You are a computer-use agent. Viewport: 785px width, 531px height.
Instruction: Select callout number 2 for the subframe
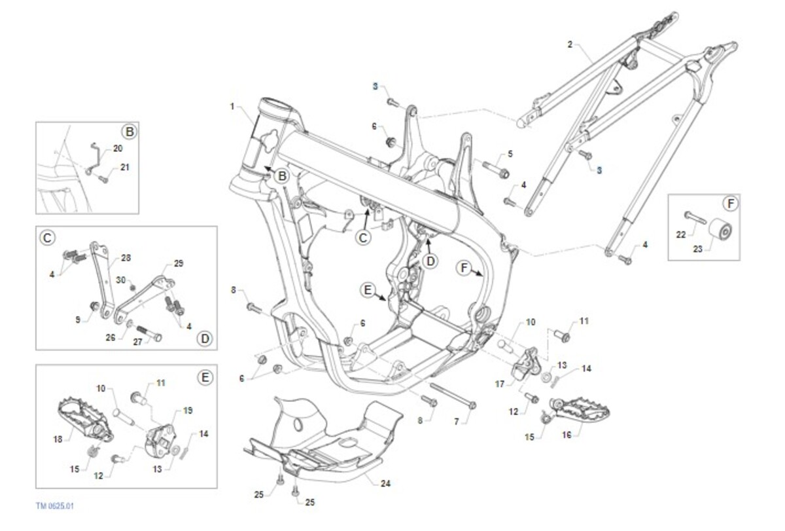pyautogui.click(x=570, y=45)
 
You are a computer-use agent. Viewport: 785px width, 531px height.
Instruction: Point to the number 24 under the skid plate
pyautogui.click(x=385, y=484)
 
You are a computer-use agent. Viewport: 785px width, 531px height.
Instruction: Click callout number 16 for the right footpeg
pyautogui.click(x=567, y=433)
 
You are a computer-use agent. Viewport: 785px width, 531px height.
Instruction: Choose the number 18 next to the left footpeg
pyautogui.click(x=58, y=439)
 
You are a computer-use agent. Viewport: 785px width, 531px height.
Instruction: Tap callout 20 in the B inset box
pyautogui.click(x=118, y=149)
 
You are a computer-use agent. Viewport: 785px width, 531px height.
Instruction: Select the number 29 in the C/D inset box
pyautogui.click(x=179, y=263)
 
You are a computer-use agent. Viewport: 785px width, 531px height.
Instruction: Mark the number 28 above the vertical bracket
pyautogui.click(x=126, y=258)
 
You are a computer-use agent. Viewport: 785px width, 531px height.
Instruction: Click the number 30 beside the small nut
pyautogui.click(x=120, y=280)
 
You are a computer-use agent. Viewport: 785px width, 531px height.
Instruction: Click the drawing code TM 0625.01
pyautogui.click(x=59, y=506)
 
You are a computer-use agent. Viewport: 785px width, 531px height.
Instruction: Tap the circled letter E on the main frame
pyautogui.click(x=368, y=289)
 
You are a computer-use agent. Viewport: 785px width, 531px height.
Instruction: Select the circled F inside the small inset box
pyautogui.click(x=731, y=204)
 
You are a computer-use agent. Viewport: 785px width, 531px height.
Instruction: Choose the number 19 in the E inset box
pyautogui.click(x=188, y=411)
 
